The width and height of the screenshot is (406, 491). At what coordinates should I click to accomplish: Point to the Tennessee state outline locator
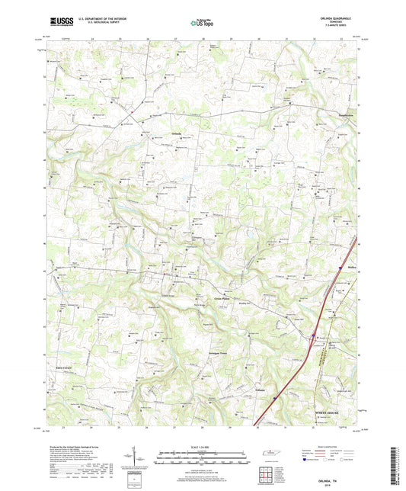[x=270, y=455]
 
